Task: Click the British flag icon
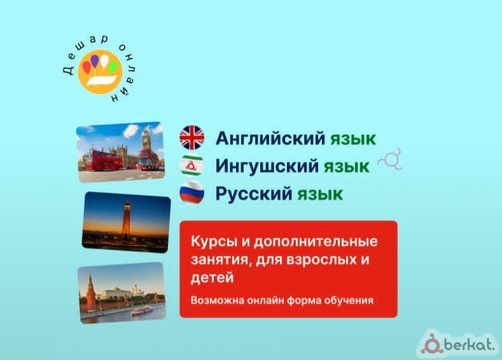192,137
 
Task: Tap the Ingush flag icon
192,165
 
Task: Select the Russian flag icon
192,193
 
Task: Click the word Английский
270,139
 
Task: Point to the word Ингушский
267,166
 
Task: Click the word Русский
254,193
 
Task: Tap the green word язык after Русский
320,194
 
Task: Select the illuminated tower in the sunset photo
127,221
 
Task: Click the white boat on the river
141,310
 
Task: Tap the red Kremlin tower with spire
90,293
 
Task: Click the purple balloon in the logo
95,61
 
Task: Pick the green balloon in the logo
113,67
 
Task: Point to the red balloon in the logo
87,67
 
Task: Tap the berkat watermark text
470,345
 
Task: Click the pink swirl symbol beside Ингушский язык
390,160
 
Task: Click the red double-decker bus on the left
104,160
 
